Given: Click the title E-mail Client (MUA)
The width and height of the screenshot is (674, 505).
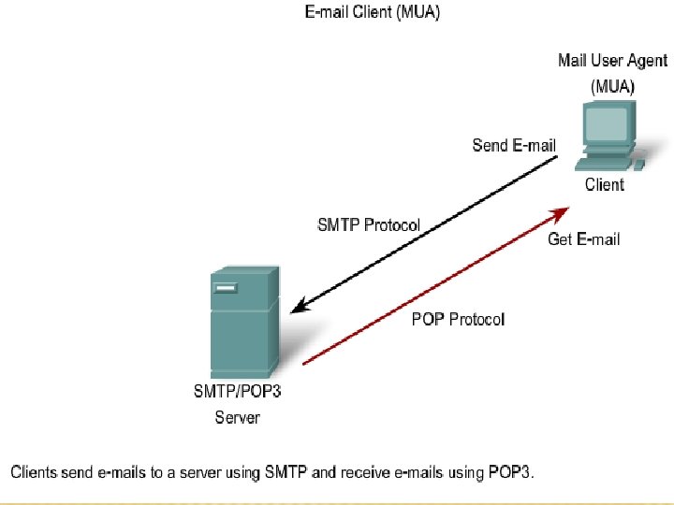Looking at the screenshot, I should (371, 13).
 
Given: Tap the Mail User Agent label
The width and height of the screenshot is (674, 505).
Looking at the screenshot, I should (612, 61).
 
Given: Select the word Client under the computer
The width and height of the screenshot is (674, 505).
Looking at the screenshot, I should (604, 184).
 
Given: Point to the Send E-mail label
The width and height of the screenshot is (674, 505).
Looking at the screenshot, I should (514, 145).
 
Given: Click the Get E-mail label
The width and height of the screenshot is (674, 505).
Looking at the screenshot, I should (583, 239).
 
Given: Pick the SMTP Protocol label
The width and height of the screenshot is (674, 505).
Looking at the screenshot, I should (369, 225).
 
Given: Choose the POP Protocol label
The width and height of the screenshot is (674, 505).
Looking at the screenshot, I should (458, 319).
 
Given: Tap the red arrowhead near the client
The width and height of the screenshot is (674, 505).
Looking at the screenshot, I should (564, 210).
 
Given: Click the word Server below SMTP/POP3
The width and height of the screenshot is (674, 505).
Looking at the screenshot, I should (237, 417).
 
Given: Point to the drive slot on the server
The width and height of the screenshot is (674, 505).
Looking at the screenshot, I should (225, 289).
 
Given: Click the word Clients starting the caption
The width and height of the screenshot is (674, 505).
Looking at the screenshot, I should (37, 472).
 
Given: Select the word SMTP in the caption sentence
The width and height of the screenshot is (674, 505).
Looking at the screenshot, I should (286, 472).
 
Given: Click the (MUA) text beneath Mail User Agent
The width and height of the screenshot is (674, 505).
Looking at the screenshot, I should (612, 85).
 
